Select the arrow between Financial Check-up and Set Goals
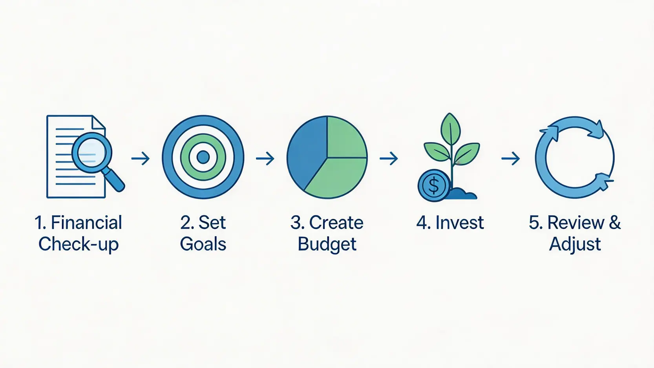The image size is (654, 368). (x=141, y=158)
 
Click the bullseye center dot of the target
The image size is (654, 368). (x=203, y=157)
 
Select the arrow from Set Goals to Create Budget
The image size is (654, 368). (x=265, y=158)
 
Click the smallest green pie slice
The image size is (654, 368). (x=345, y=138)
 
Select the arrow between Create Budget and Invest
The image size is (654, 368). (x=389, y=158)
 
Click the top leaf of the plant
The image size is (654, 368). (x=451, y=128)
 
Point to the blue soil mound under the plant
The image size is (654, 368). (x=463, y=194)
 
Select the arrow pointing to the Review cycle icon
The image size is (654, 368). (x=511, y=158)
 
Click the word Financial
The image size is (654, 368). (x=86, y=223)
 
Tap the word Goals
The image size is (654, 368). (x=203, y=244)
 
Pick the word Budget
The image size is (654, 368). (x=327, y=245)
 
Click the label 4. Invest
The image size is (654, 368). (x=450, y=223)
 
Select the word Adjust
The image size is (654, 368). (x=575, y=245)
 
